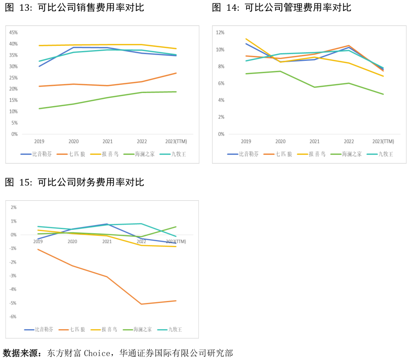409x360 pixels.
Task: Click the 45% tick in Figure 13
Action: click(13, 33)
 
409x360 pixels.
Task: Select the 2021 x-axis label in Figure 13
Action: click(107, 141)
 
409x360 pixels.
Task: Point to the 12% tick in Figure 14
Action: click(220, 33)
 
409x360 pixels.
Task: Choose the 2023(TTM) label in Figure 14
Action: click(383, 141)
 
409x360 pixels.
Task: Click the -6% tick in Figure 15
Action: click(13, 317)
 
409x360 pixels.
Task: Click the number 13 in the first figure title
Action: click(24, 8)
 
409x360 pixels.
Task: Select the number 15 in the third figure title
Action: click(24, 183)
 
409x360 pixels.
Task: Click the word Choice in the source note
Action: click(97, 353)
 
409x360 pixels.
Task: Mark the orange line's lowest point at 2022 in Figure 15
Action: click(141, 304)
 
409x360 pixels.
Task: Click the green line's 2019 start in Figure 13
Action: click(39, 109)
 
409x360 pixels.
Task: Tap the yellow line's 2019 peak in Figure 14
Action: click(246, 39)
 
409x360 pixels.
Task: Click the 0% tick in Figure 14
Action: click(221, 134)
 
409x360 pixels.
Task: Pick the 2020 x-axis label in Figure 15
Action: click(72, 242)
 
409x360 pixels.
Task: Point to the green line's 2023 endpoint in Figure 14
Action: click(383, 94)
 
